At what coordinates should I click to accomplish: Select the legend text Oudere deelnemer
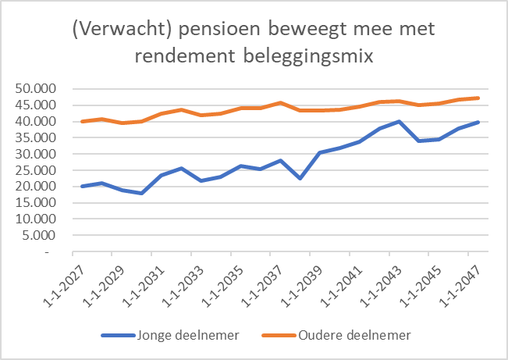click(x=354, y=336)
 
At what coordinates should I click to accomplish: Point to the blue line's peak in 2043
click(x=400, y=122)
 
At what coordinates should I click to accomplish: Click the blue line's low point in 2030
click(x=141, y=193)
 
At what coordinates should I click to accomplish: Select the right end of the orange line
click(x=478, y=98)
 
